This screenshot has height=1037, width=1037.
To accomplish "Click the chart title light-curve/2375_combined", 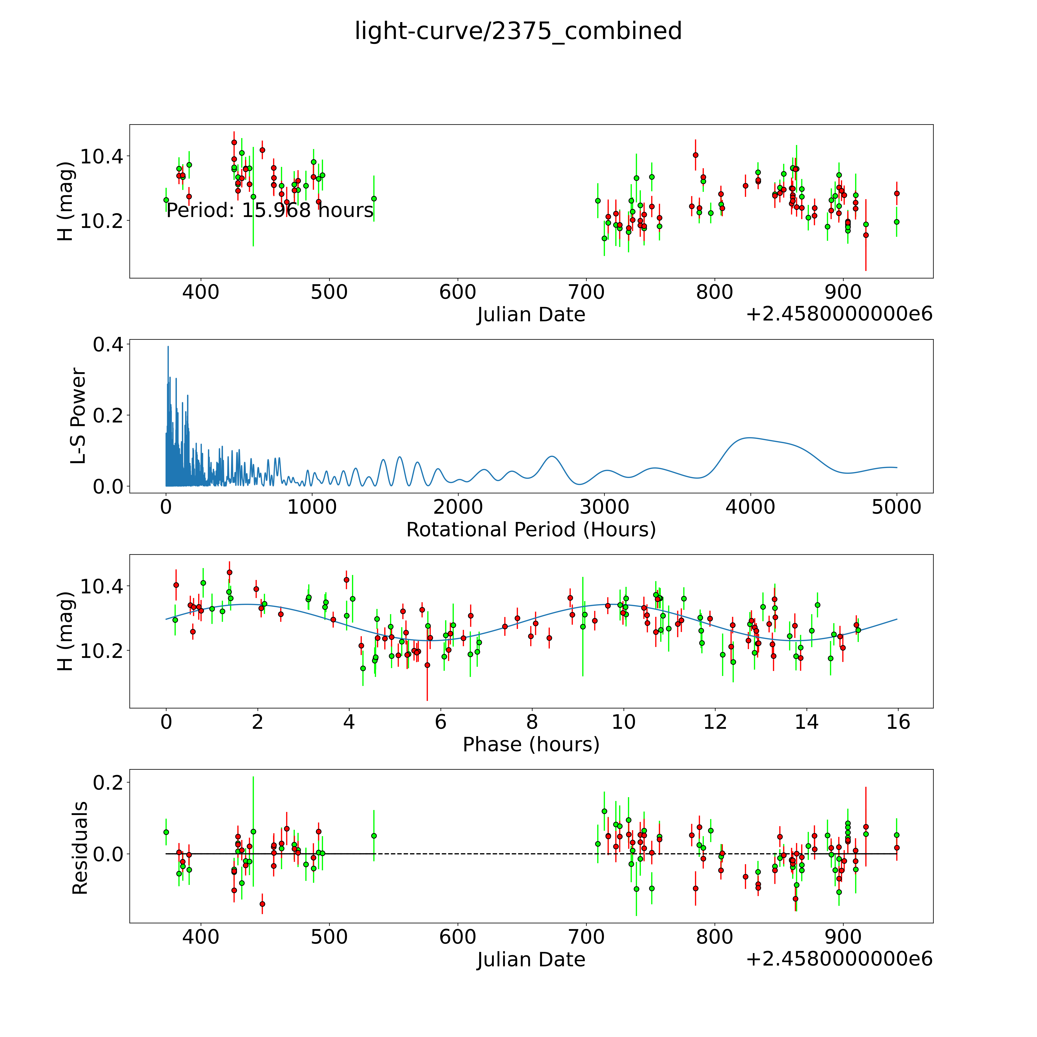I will tap(518, 31).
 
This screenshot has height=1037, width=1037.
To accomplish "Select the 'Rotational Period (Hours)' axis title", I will tap(531, 530).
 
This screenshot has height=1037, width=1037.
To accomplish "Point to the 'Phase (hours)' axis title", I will tap(531, 745).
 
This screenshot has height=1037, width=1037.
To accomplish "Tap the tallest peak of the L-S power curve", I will tap(168, 347).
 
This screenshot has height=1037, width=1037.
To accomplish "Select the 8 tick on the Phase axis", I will tap(532, 722).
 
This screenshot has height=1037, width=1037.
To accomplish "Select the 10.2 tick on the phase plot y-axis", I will tap(101, 651).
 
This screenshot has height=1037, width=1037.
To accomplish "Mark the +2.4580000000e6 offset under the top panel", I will tap(839, 314).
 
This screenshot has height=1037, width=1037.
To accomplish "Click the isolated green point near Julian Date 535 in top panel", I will tap(374, 199).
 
